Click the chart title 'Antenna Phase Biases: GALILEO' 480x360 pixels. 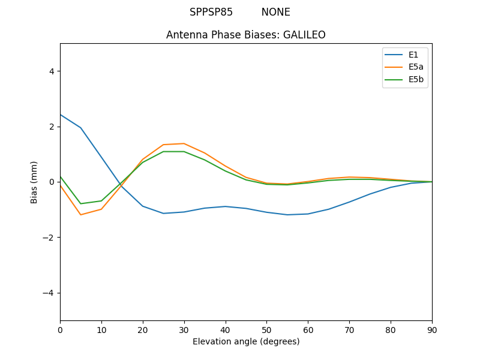[246, 35]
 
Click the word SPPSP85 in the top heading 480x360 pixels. [211, 12]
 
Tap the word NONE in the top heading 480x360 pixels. [275, 12]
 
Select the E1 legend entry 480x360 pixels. [413, 55]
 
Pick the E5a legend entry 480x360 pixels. [415, 67]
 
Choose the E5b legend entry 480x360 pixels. [415, 79]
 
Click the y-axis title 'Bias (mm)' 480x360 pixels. [34, 182]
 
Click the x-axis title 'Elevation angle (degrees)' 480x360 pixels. [246, 341]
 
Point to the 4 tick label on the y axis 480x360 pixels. [51, 71]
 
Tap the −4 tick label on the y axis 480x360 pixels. [49, 293]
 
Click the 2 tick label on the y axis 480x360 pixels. [51, 127]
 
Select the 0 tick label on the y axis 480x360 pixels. [51, 182]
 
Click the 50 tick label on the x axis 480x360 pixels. [266, 329]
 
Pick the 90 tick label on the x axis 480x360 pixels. [432, 329]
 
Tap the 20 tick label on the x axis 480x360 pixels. [143, 329]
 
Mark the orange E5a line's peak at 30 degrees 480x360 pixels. [184, 143]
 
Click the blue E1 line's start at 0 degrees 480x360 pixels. [61, 115]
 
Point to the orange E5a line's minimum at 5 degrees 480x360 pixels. [80, 215]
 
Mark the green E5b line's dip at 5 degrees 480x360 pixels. [80, 203]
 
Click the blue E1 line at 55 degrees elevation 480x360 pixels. [287, 215]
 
